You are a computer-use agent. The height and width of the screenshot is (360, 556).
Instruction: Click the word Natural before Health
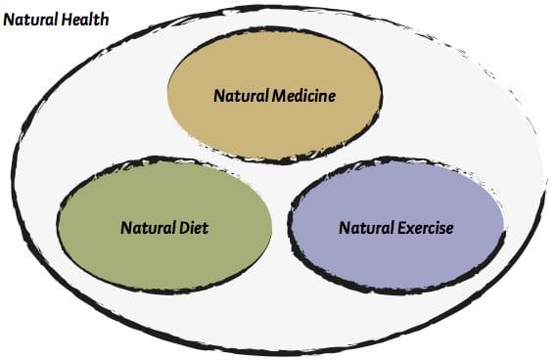coord(30,20)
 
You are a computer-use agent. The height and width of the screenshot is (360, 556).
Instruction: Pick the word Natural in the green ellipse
coord(146,228)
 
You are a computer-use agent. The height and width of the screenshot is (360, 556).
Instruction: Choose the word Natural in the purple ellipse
coord(364,228)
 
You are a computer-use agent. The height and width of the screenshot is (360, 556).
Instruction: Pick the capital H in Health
coord(66,20)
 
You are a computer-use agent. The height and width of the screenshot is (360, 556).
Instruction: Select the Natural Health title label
coord(57,20)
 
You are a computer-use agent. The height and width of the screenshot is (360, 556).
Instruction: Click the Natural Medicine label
coord(274,96)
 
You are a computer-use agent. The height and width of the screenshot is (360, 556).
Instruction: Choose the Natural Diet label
coord(164,228)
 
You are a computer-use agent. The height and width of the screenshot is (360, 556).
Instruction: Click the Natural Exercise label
coord(396,228)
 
